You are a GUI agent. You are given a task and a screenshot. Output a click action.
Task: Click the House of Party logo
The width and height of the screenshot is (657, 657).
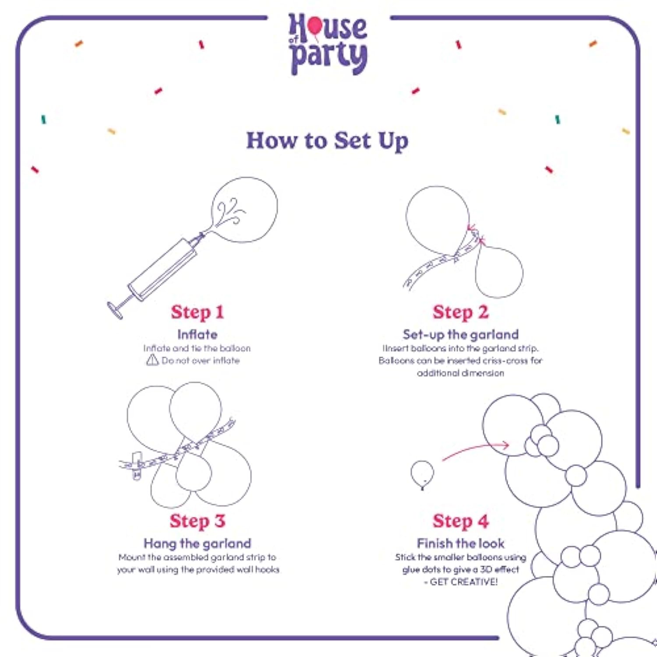tap(328, 44)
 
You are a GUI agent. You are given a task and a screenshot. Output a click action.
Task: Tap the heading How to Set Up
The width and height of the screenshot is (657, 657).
tap(327, 141)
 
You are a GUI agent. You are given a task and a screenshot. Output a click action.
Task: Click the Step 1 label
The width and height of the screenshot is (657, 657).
tap(198, 312)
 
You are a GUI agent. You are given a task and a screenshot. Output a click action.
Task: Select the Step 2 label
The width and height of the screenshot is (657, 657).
tap(460, 312)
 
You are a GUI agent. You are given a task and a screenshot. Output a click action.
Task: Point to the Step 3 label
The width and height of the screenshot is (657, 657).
tap(198, 521)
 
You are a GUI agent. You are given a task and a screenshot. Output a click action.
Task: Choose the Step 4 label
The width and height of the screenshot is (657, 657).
tap(460, 521)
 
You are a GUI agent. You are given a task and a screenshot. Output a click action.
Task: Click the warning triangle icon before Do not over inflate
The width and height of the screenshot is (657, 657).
tap(152, 360)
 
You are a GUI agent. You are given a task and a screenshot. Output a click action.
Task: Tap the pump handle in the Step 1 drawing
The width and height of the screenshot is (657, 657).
tap(115, 310)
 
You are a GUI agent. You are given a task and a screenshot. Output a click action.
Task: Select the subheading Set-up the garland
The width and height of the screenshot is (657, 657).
tap(460, 335)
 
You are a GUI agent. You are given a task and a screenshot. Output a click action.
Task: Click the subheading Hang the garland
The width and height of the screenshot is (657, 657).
tap(198, 544)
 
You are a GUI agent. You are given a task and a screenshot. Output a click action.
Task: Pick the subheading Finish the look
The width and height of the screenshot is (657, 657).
tap(460, 544)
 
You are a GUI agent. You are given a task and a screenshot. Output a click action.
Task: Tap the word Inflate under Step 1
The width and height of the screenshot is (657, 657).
tap(198, 335)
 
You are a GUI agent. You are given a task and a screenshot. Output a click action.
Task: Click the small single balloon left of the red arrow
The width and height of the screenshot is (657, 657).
tap(422, 473)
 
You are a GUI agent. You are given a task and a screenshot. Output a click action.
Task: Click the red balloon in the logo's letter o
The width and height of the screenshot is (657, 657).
tap(315, 26)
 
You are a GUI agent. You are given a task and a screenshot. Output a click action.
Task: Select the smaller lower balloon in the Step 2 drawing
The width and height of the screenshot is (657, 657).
tap(499, 272)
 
